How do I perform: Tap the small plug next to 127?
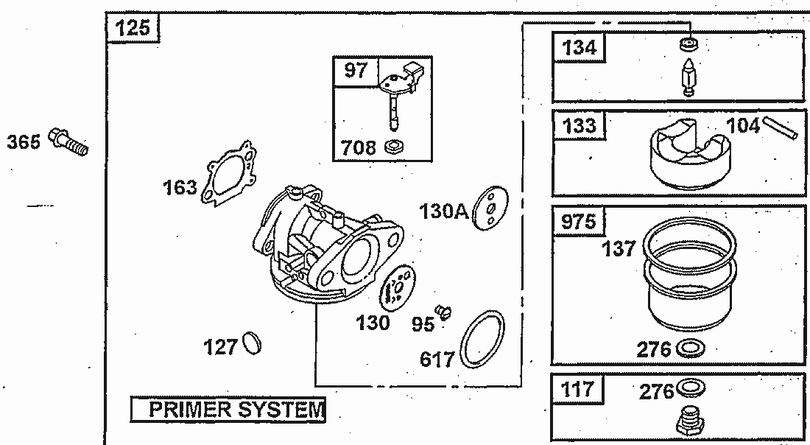click(252, 343)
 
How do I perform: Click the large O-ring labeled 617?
click(483, 340)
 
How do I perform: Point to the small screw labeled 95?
click(442, 312)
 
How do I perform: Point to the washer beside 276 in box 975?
click(690, 348)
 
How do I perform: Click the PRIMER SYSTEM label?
click(228, 409)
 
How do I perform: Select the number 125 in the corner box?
click(133, 29)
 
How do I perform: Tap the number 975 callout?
click(579, 222)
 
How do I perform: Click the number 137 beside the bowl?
click(619, 249)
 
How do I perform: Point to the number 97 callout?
click(355, 71)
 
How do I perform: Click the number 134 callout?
click(579, 48)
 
